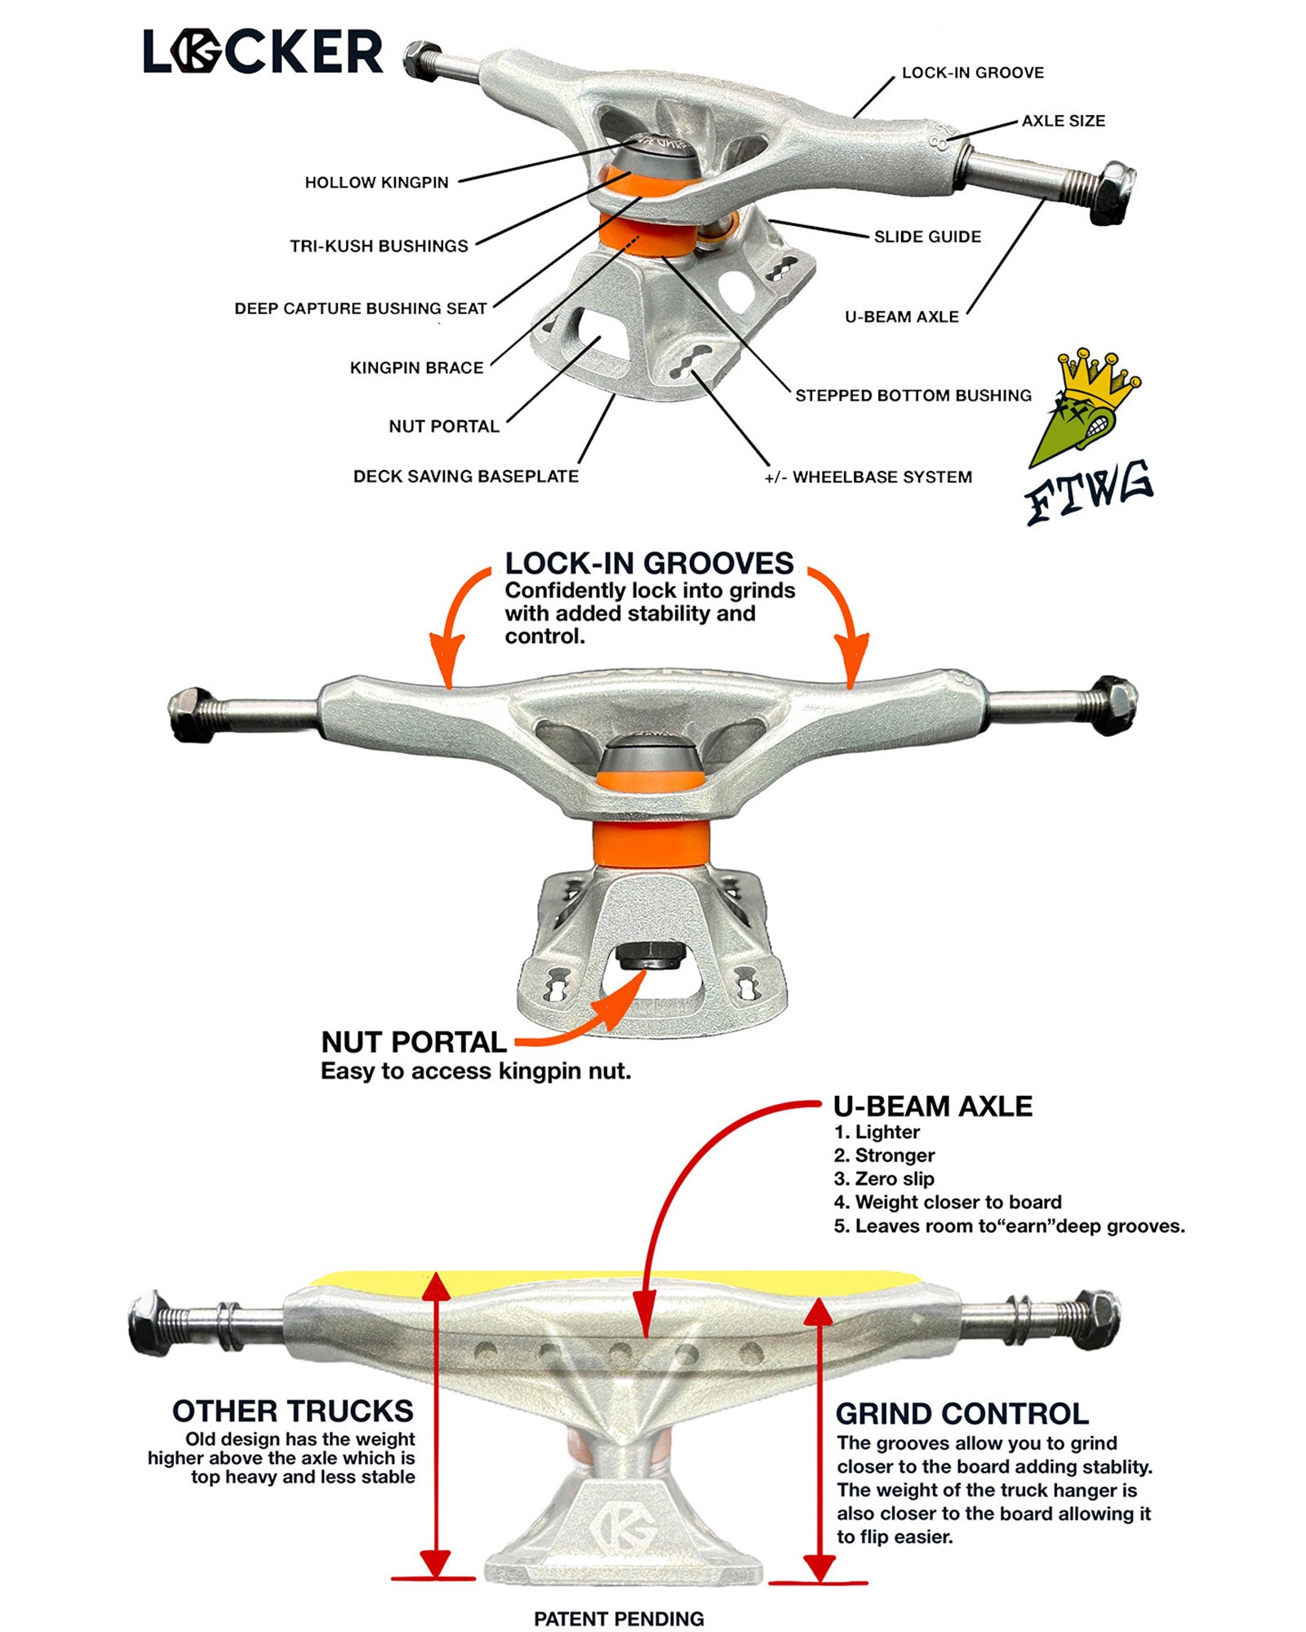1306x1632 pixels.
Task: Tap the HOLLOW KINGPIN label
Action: point(376,183)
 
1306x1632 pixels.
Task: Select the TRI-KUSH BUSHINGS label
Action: point(379,246)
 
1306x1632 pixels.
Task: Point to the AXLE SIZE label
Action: point(1063,121)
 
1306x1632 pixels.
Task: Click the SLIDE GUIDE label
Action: point(927,237)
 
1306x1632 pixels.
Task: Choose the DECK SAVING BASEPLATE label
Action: point(465,477)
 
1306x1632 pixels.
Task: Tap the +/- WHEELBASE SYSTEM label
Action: point(868,477)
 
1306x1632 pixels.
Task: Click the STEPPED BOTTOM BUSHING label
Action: point(913,396)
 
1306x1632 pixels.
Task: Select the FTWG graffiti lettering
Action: point(1088,492)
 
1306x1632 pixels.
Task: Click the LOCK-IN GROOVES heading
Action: point(649,563)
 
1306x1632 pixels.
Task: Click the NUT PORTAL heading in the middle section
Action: point(414,1042)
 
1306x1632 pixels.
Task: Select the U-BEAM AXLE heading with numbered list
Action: point(932,1106)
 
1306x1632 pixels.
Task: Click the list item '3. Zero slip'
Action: point(883,1178)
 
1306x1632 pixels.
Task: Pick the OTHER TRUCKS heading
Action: point(292,1411)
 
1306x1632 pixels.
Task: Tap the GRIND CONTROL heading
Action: point(962,1413)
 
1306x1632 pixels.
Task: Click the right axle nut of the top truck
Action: point(1113,192)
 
